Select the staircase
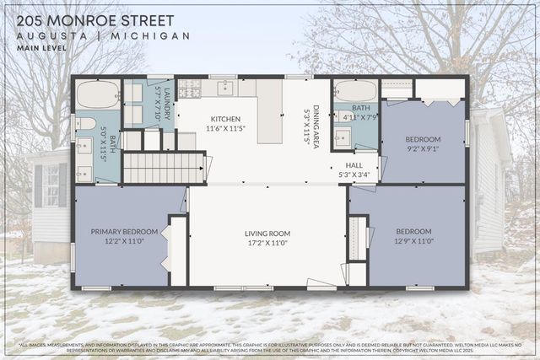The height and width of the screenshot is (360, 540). click(x=164, y=167)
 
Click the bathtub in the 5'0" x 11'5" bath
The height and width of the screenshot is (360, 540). click(x=98, y=95)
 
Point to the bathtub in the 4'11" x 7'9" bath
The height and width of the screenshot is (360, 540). click(x=354, y=90)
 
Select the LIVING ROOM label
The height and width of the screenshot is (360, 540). click(x=267, y=233)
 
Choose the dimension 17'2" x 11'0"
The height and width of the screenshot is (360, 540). click(x=267, y=243)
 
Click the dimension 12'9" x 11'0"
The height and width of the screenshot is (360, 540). click(x=413, y=241)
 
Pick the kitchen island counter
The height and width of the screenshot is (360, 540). click(x=269, y=112)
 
